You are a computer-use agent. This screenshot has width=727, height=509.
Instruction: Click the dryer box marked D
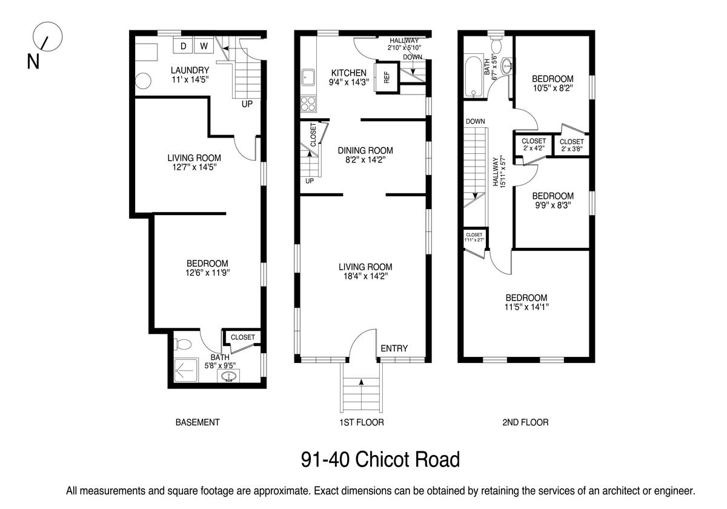click(x=184, y=45)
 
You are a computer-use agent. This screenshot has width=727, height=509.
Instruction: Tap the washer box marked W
click(x=204, y=45)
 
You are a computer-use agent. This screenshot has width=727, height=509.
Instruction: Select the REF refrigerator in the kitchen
click(x=387, y=78)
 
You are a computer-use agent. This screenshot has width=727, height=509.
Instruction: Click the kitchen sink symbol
click(x=308, y=78)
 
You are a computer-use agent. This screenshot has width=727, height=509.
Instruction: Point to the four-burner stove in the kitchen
click(x=308, y=104)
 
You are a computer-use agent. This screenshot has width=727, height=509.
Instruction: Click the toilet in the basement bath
click(x=183, y=344)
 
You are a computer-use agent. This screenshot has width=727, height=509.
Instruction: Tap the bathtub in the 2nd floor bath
click(x=474, y=77)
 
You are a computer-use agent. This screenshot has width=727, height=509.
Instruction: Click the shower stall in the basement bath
click(x=186, y=370)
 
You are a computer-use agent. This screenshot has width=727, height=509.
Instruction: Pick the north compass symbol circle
click(x=48, y=36)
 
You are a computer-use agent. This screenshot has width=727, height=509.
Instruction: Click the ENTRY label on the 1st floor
click(x=394, y=348)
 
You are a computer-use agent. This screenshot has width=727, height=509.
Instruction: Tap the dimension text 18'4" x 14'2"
click(x=366, y=276)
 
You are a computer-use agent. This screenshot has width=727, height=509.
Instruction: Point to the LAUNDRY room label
click(x=190, y=70)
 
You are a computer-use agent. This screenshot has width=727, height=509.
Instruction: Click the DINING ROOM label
click(x=365, y=151)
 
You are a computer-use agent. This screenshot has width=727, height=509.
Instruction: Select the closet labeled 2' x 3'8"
click(x=571, y=145)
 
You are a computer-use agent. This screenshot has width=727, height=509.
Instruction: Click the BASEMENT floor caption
click(x=198, y=422)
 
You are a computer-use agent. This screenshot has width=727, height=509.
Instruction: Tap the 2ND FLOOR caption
click(x=525, y=422)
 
